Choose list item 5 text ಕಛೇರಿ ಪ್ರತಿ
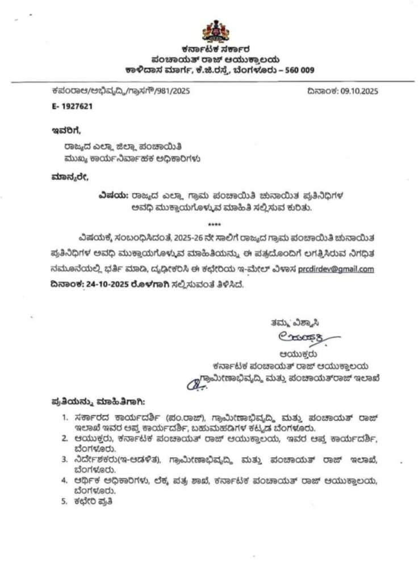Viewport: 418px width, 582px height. click(x=97, y=502)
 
